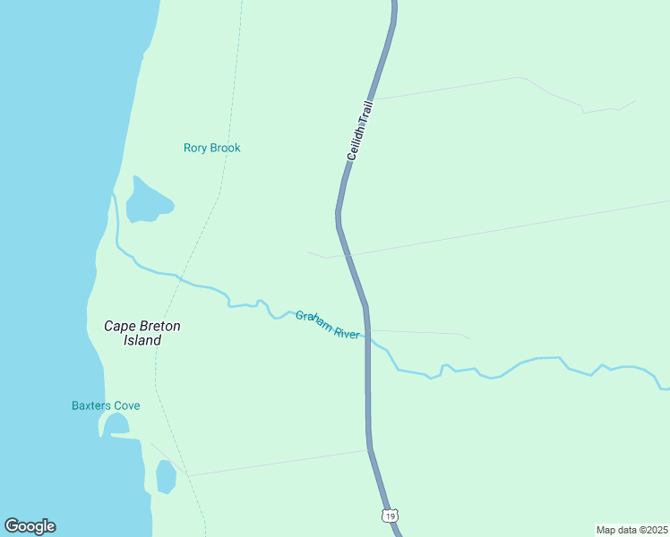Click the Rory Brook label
pyautogui.click(x=212, y=148)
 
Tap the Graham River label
pyautogui.click(x=328, y=325)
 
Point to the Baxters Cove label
pyautogui.click(x=106, y=405)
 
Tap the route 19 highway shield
pyautogui.click(x=388, y=516)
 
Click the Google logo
pyautogui.click(x=30, y=526)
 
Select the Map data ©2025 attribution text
pyautogui.click(x=631, y=529)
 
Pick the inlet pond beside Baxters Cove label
pyautogui.click(x=115, y=424)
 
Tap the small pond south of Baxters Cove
pyautogui.click(x=166, y=476)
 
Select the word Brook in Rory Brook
pyautogui.click(x=225, y=148)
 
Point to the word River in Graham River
pyautogui.click(x=346, y=333)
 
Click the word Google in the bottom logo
pyautogui.click(x=30, y=526)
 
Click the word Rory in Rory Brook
pyautogui.click(x=195, y=148)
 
